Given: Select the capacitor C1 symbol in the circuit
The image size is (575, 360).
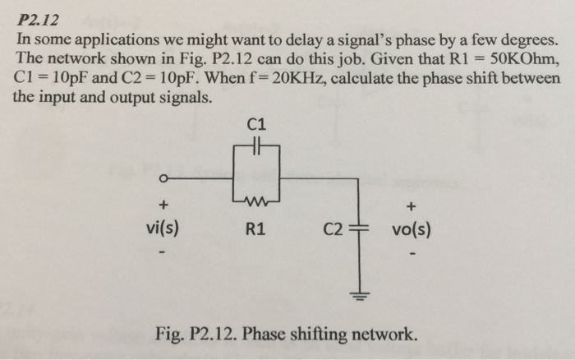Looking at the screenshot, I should point(256,150).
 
